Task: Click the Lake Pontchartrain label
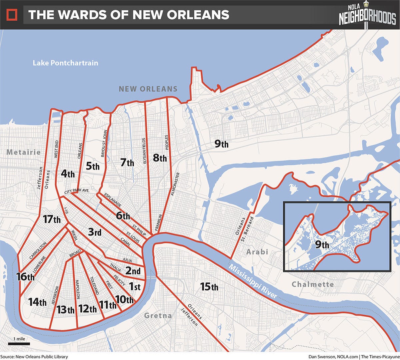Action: (x=65, y=63)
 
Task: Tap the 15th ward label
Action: (x=209, y=286)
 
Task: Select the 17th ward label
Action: (x=52, y=219)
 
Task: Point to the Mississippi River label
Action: (x=253, y=282)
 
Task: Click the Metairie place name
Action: (x=24, y=152)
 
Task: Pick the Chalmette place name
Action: (x=313, y=284)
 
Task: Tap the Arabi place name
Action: (x=257, y=252)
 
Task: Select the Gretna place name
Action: (x=158, y=315)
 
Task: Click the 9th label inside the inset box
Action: (x=322, y=245)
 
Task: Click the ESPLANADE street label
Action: (x=113, y=200)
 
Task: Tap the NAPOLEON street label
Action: (x=78, y=289)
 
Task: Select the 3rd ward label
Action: (x=95, y=232)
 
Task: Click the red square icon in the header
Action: (x=12, y=15)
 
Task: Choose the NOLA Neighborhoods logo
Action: (x=367, y=15)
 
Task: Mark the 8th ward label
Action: (x=160, y=158)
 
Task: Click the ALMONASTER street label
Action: (x=175, y=184)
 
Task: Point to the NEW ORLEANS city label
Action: (x=148, y=89)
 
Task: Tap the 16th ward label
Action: (x=25, y=276)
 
